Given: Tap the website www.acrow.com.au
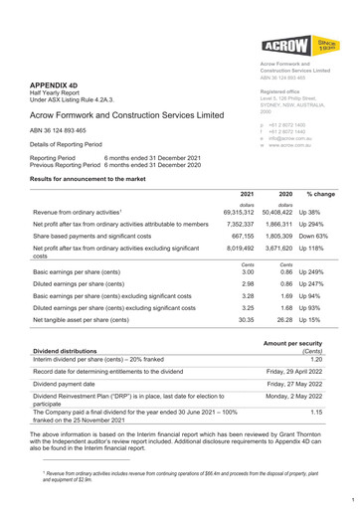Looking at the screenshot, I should [x=280, y=145].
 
